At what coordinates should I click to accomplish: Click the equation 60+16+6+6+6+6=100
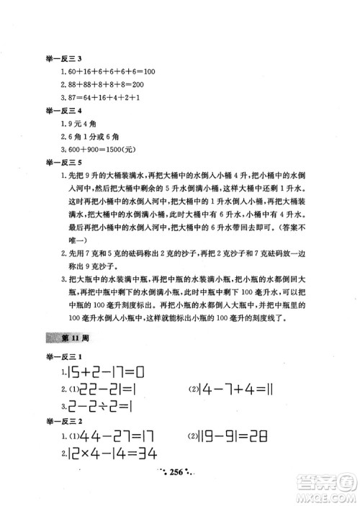(106, 72)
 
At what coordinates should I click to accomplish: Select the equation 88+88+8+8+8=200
(101, 84)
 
